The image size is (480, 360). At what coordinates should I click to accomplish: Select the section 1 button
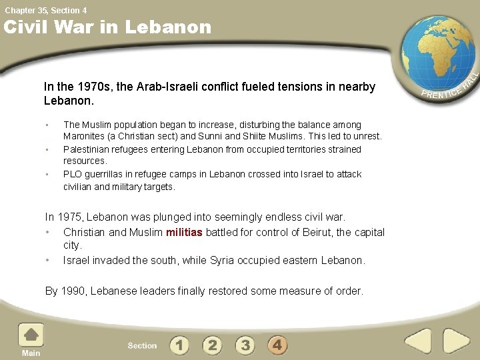tap(179, 345)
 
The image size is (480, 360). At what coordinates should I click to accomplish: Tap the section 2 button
tap(212, 345)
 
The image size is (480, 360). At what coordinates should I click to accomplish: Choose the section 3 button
tap(245, 345)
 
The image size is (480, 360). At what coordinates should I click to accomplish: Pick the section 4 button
tap(277, 345)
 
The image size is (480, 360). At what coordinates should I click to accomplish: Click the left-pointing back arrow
tap(419, 341)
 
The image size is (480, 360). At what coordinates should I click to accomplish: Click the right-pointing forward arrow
tap(456, 341)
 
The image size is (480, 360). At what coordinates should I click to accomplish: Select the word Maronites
tap(87, 136)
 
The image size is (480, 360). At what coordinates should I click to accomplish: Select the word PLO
tap(73, 174)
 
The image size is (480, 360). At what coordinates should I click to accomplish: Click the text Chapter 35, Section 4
tap(45, 10)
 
